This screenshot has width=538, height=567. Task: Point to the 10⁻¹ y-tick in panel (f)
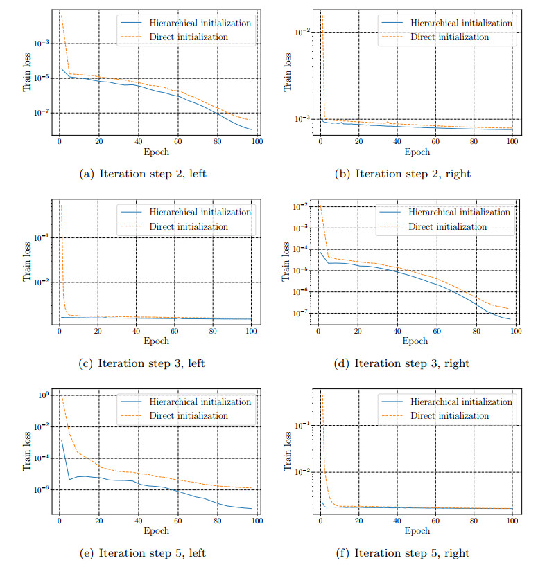(302, 425)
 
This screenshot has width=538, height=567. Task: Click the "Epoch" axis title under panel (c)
(157, 341)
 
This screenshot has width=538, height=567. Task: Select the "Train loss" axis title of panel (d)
(287, 262)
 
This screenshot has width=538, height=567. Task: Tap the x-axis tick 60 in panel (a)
(177, 142)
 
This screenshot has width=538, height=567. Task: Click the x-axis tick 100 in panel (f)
(513, 521)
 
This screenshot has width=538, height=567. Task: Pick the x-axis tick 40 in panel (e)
(138, 521)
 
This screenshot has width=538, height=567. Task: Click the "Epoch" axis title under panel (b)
(417, 152)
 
